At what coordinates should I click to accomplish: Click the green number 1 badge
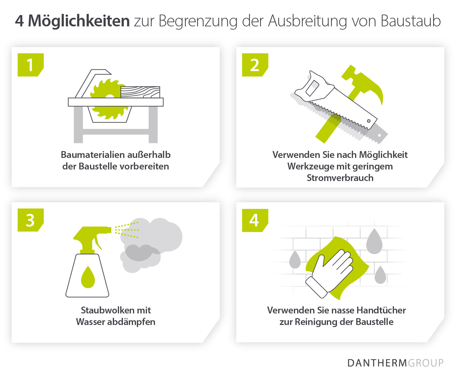(x=30, y=65)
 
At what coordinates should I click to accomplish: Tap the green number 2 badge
(x=255, y=65)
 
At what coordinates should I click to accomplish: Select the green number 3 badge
(x=30, y=220)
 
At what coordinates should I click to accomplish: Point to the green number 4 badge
(x=255, y=220)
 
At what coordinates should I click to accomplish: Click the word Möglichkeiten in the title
(x=79, y=21)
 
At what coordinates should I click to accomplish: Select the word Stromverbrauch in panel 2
(x=340, y=178)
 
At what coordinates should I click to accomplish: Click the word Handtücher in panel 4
(x=381, y=310)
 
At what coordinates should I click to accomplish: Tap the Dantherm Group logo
(x=395, y=363)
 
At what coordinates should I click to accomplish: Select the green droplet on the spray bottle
(x=88, y=277)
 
